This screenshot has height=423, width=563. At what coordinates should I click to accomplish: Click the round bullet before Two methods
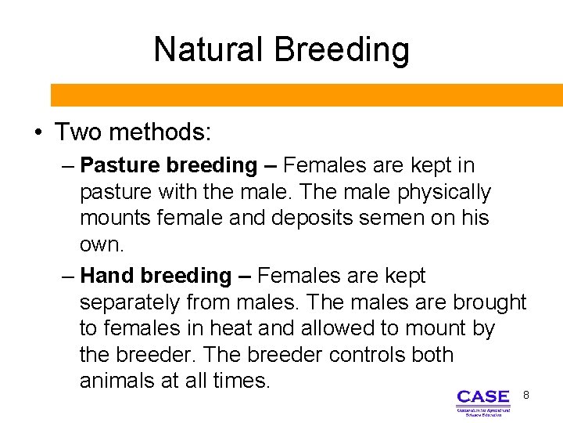tap(38, 132)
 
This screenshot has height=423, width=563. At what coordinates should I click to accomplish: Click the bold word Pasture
tap(118, 165)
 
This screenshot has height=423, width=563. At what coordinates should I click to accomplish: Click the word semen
tap(401, 219)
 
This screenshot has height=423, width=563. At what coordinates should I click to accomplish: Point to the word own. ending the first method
tap(102, 245)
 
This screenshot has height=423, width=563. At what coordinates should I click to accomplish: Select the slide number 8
tap(526, 396)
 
